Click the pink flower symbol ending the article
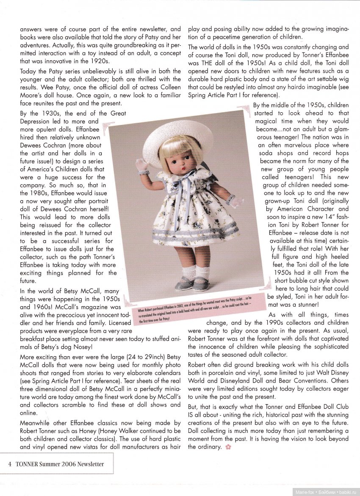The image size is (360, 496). coord(228,447)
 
